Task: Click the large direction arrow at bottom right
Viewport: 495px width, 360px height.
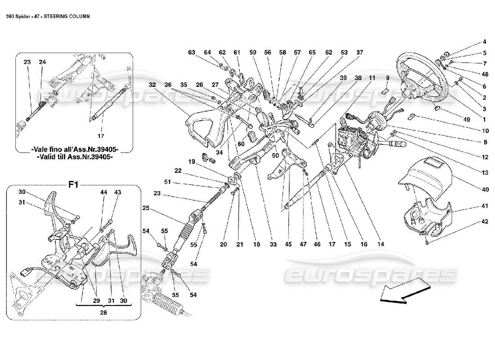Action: (403, 292)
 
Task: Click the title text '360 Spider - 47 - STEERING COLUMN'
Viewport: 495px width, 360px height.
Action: (47, 16)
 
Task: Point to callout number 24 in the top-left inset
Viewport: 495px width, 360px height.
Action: (42, 62)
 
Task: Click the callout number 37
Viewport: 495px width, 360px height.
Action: (360, 53)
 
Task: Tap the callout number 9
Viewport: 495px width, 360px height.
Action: (387, 78)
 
